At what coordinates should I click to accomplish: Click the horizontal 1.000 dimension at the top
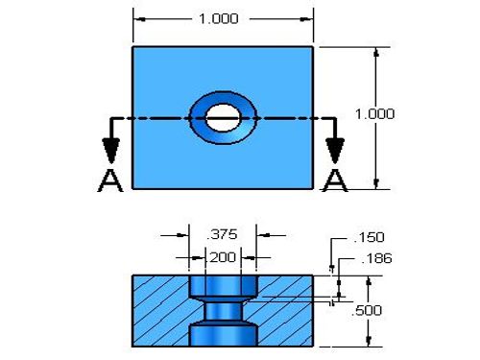point(219,18)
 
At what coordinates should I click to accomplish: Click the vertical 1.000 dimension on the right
point(375,114)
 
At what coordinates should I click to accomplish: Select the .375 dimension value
point(222,234)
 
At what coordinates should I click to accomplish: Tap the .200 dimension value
point(222,257)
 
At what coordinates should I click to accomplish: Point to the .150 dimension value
point(369,237)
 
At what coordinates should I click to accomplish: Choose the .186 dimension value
point(376,258)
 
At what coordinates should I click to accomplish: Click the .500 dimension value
point(367,310)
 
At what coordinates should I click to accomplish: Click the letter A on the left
point(110,180)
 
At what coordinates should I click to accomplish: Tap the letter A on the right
point(335,180)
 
